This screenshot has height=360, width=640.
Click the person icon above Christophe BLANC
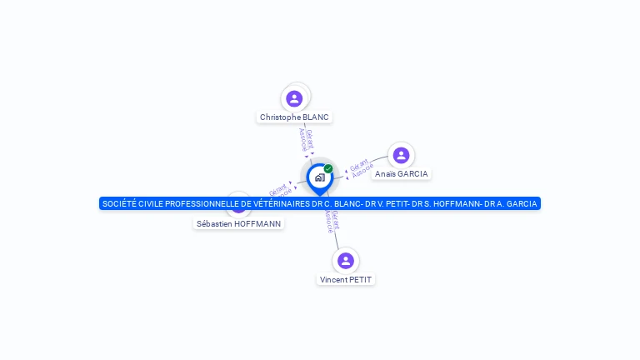click(x=294, y=98)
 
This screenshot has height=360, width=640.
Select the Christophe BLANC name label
click(x=294, y=117)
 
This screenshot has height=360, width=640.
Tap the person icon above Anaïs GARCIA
click(x=401, y=155)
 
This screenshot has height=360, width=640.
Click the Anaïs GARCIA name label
click(x=401, y=174)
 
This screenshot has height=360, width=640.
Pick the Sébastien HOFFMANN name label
click(x=239, y=223)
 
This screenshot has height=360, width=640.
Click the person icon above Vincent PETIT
click(x=346, y=261)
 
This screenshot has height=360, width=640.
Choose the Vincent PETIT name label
click(x=346, y=280)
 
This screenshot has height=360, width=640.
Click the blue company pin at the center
click(x=319, y=177)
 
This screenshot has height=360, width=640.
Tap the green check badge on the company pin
click(x=328, y=168)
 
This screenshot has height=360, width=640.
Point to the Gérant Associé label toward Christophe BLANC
click(x=306, y=140)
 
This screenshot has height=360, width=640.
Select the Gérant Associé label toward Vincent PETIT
click(x=332, y=220)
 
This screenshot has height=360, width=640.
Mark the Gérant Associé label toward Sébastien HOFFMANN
click(x=279, y=189)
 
